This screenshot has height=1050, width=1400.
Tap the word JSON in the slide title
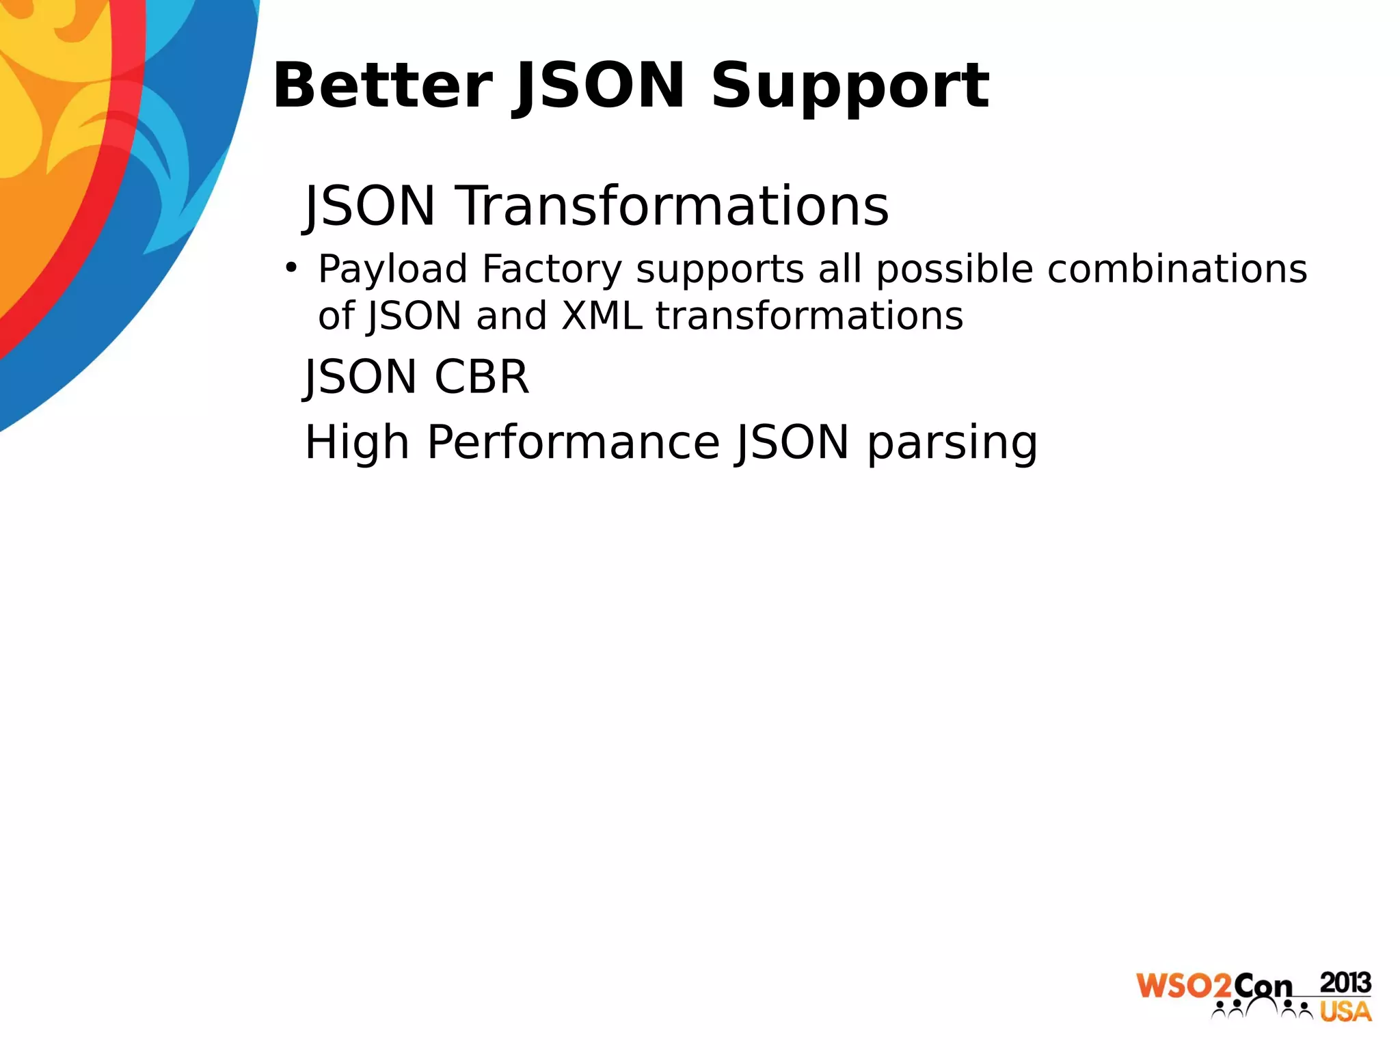pos(600,86)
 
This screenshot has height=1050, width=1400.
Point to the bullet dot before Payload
pos(291,267)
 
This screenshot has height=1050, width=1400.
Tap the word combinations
pos(1177,268)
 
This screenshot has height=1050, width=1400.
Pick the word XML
pos(602,316)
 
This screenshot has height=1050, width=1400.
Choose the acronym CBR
pos(481,377)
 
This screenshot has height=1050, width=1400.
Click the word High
pos(357,443)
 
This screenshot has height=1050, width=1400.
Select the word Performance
pos(574,442)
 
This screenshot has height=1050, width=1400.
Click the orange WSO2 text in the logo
pos(1184,985)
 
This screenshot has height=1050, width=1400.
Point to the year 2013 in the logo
pos(1345,982)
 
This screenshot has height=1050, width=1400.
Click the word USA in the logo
pos(1345,1011)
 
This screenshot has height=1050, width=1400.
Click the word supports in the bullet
pos(720,269)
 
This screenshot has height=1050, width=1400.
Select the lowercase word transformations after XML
pos(809,316)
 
